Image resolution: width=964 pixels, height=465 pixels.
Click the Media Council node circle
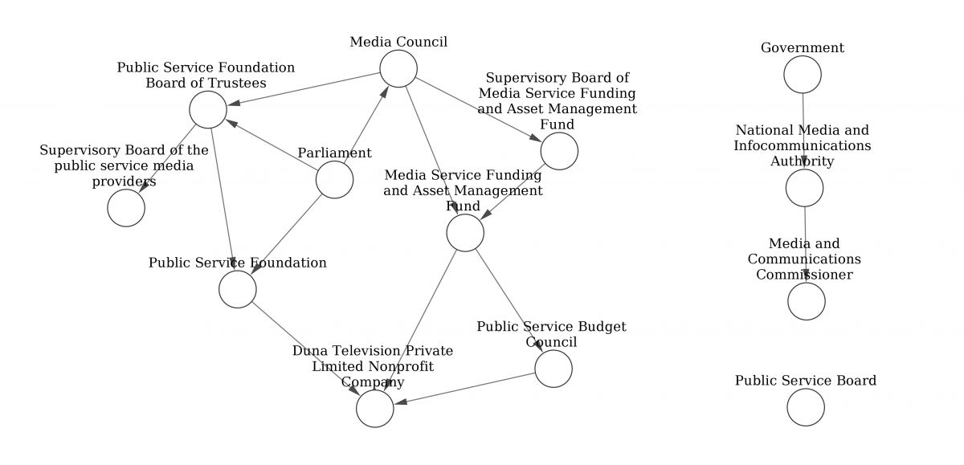[398, 69]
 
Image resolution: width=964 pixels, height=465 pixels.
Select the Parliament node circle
[334, 180]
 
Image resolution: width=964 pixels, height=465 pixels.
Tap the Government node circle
[803, 75]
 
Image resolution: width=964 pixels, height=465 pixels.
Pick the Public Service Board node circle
[806, 407]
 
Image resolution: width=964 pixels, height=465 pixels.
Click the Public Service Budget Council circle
[553, 369]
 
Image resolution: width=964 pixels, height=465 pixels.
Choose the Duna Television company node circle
[375, 408]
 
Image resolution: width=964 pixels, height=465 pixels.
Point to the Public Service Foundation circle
[238, 289]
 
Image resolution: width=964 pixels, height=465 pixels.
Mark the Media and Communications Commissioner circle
[807, 302]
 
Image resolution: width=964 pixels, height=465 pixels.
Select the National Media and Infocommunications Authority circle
[804, 188]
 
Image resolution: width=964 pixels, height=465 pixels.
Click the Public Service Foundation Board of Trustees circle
[208, 110]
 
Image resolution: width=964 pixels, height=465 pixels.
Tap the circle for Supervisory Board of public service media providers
[126, 208]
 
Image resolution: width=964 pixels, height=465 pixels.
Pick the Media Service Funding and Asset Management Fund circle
[465, 233]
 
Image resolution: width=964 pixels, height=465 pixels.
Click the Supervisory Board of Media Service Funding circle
[559, 151]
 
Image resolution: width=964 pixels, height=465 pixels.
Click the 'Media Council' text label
[398, 42]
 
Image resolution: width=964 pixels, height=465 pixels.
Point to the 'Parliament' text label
[334, 153]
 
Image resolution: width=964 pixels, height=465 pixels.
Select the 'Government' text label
[803, 47]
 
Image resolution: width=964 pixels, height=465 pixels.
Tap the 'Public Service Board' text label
[806, 380]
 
